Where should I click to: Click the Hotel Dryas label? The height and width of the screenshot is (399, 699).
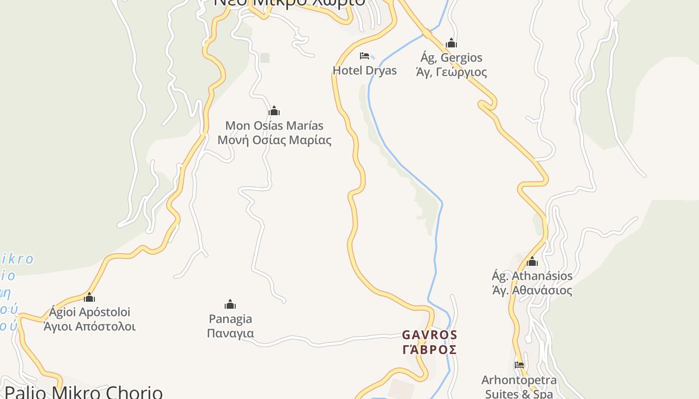tap(364, 70)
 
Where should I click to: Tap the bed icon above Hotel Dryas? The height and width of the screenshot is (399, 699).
tap(364, 56)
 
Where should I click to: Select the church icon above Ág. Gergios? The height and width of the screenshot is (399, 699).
tap(451, 43)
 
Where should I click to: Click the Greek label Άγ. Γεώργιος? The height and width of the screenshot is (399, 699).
tap(451, 72)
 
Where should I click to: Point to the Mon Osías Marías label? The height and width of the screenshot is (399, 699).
tap(274, 126)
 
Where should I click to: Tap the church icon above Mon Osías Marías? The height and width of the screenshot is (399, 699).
tap(274, 111)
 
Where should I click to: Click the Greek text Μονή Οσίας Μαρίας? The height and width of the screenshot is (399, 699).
tap(274, 140)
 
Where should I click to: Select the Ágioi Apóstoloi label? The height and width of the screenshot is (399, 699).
tap(89, 312)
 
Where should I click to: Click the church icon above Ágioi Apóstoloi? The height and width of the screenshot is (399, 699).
tap(89, 298)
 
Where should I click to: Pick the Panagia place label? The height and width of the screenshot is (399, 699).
tap(230, 319)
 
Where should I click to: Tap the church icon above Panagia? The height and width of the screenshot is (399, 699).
tap(230, 304)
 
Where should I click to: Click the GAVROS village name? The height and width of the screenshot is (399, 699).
tap(429, 335)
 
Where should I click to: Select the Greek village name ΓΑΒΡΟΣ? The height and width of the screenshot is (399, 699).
tap(429, 349)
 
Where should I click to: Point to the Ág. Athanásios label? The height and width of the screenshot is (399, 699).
tap(532, 276)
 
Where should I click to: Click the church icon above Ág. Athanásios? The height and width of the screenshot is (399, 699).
tap(532, 261)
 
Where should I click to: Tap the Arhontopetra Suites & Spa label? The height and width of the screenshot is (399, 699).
tap(519, 387)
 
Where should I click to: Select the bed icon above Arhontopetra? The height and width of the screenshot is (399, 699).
tap(519, 365)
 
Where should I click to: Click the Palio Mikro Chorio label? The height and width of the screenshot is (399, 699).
tap(83, 393)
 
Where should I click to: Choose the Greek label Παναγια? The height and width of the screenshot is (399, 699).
tap(230, 333)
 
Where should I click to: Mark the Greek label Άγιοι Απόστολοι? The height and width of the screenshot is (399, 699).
tap(89, 327)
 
